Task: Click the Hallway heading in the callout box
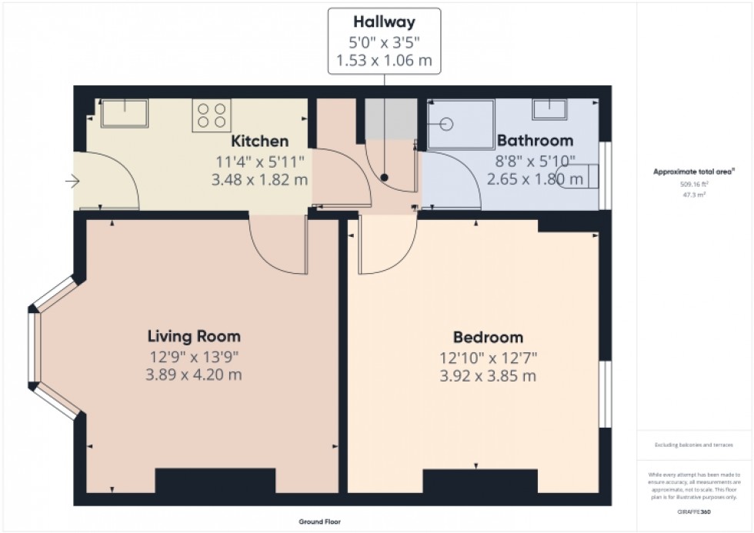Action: click(x=385, y=22)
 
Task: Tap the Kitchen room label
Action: click(x=260, y=141)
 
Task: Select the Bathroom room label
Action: click(x=535, y=141)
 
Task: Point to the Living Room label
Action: click(x=194, y=336)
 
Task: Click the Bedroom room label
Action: click(x=488, y=337)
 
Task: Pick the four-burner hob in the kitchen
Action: click(x=212, y=115)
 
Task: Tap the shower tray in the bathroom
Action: click(x=460, y=123)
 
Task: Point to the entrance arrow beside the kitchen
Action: click(x=73, y=182)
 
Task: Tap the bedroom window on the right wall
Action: click(x=605, y=393)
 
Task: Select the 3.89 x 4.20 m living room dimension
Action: click(x=195, y=375)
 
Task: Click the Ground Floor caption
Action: click(x=320, y=521)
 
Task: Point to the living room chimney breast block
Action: click(x=215, y=481)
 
